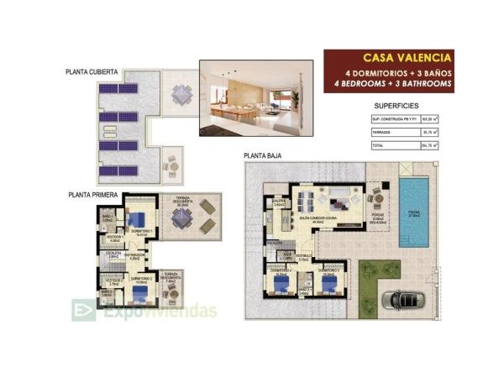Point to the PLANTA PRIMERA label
[x=92, y=194]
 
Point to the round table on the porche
[x=378, y=199]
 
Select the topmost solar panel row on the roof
[x=117, y=91]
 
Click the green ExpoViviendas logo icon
[x=83, y=311]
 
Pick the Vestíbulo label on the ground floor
[x=303, y=257]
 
